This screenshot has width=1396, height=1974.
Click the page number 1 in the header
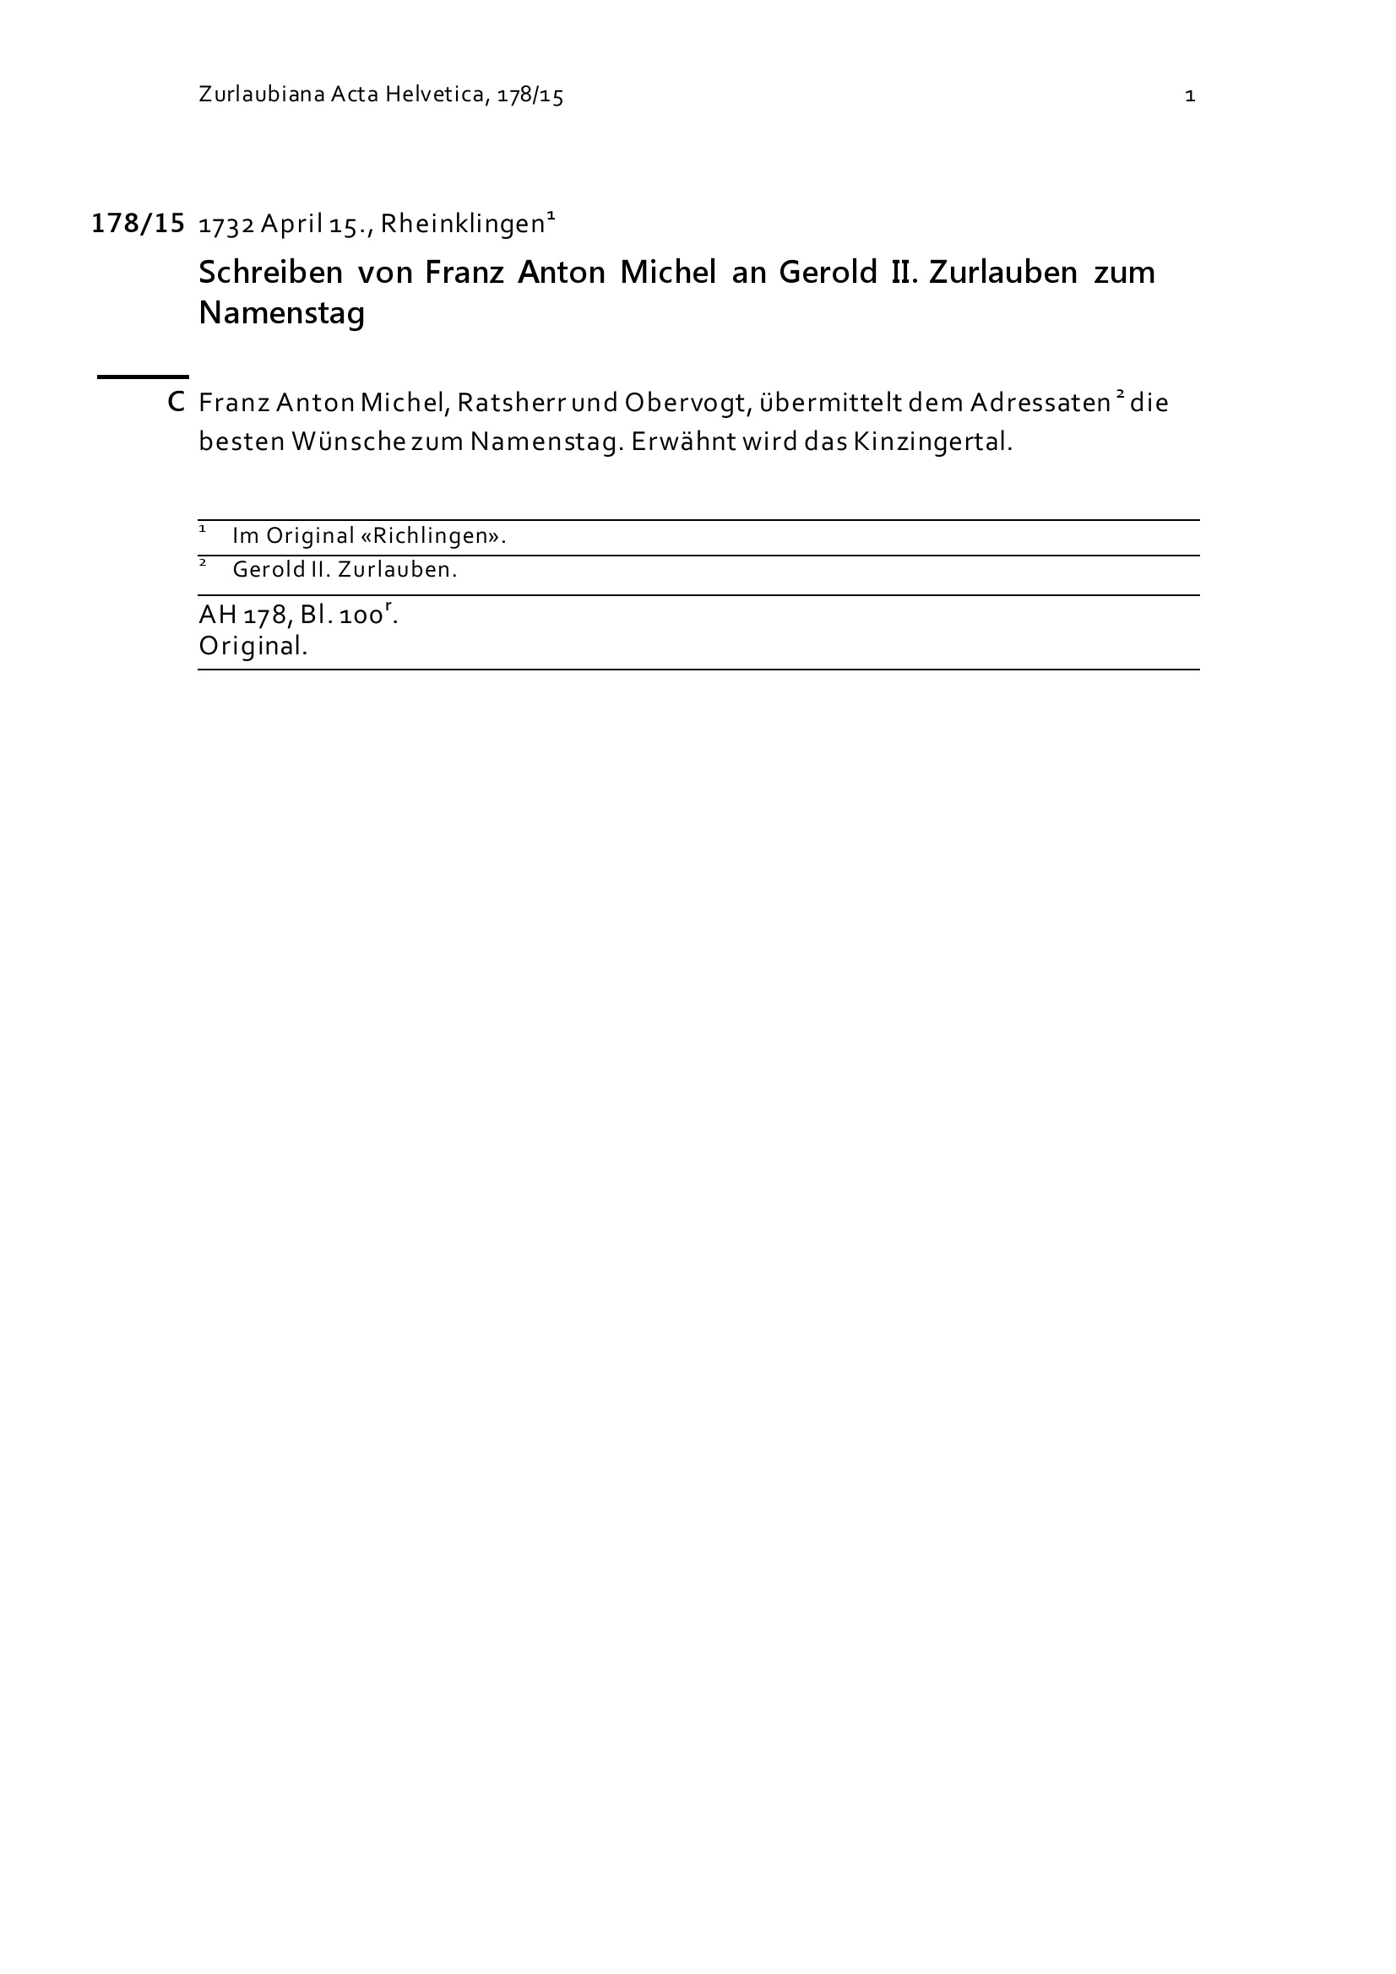tap(1190, 96)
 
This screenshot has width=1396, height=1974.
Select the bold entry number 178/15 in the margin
tap(138, 224)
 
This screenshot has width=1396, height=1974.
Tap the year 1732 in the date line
tap(225, 225)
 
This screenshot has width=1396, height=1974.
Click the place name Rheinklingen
tap(463, 225)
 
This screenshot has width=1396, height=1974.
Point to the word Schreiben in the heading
tap(271, 274)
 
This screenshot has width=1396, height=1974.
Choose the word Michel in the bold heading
tap(667, 274)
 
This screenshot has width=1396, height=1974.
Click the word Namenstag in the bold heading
tap(282, 313)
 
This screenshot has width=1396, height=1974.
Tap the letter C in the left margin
tap(177, 403)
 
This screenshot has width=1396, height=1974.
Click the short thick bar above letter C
tap(142, 377)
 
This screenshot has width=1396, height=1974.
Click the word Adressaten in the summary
tap(1040, 404)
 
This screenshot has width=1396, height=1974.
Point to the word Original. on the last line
tap(253, 646)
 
